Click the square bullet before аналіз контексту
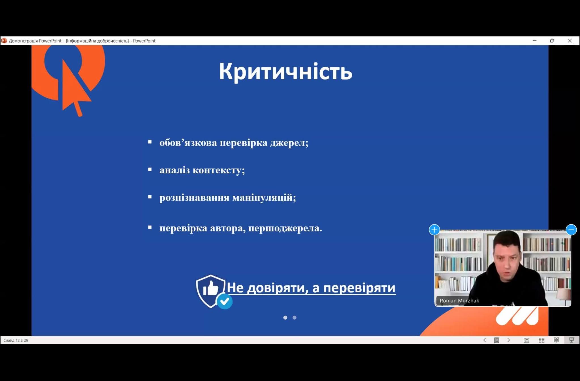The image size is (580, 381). click(150, 169)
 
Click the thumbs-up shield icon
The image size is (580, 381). click(210, 291)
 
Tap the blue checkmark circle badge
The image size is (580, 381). click(225, 301)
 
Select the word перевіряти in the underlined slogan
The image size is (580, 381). click(359, 288)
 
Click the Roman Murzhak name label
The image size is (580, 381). click(459, 301)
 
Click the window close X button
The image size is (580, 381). click(570, 41)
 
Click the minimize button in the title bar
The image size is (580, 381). click(534, 41)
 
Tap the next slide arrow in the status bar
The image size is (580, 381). click(509, 340)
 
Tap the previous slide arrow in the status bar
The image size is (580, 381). click(485, 340)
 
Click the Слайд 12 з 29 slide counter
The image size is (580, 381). click(16, 340)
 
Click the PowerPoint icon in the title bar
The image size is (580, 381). click(4, 41)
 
